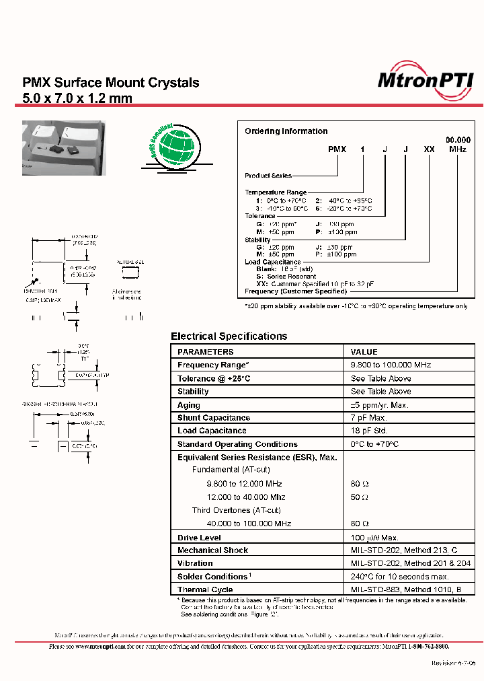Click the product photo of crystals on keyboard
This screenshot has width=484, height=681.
63,139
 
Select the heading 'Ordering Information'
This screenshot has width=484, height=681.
286,131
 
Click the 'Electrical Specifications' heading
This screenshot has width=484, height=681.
229,336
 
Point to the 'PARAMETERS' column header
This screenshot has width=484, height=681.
206,352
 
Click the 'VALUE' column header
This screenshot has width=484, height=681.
364,352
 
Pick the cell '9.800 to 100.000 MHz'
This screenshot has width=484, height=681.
391,365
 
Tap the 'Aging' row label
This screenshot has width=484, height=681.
189,405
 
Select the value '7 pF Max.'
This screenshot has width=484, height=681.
369,418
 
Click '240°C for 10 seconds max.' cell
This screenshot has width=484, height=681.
399,577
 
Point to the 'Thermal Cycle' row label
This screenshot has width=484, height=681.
205,589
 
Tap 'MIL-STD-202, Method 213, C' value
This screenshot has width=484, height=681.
403,550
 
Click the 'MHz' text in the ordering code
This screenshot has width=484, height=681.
457,149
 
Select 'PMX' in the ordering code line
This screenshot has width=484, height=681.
337,149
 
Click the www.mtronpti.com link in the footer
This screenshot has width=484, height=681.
96,646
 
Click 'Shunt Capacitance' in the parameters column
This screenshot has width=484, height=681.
213,418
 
